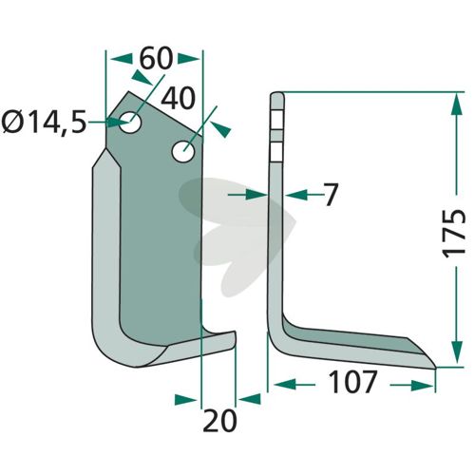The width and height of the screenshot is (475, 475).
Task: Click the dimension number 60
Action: coord(156,59)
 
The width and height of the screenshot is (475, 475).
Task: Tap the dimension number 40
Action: coord(178,98)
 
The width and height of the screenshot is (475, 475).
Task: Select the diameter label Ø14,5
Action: coord(44,123)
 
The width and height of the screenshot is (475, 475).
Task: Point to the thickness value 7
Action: coord(330,195)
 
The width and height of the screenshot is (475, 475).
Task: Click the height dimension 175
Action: coord(453,233)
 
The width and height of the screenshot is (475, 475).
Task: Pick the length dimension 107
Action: coord(352,382)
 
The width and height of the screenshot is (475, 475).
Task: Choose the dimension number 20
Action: coord(219,421)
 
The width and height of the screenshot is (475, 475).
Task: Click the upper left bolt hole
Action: coord(130,123)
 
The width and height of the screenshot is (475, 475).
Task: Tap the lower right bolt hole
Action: coord(183,151)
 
